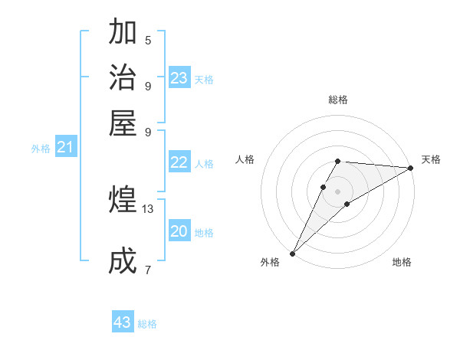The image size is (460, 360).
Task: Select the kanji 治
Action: (x=123, y=77)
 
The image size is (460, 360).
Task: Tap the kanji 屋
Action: (x=123, y=122)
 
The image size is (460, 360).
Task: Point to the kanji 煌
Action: (x=123, y=200)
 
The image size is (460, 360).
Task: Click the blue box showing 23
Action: (x=179, y=77)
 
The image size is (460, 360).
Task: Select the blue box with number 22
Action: (x=179, y=162)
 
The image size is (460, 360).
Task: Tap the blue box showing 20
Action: (x=179, y=231)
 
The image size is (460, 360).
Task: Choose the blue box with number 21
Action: (x=66, y=148)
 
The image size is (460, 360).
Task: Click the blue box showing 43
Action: (x=123, y=322)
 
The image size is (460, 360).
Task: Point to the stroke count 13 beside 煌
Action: (x=148, y=208)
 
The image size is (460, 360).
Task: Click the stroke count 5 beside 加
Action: (x=148, y=40)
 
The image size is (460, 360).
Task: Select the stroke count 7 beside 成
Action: (x=148, y=270)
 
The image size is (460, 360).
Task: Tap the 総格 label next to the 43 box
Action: (x=147, y=324)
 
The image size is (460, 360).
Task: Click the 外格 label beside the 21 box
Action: (x=41, y=149)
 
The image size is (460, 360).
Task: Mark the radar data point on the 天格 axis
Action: (x=411, y=169)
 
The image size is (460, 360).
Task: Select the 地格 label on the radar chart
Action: (x=402, y=262)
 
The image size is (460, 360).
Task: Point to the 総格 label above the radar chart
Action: (x=338, y=100)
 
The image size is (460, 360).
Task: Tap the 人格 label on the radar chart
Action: (x=245, y=159)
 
